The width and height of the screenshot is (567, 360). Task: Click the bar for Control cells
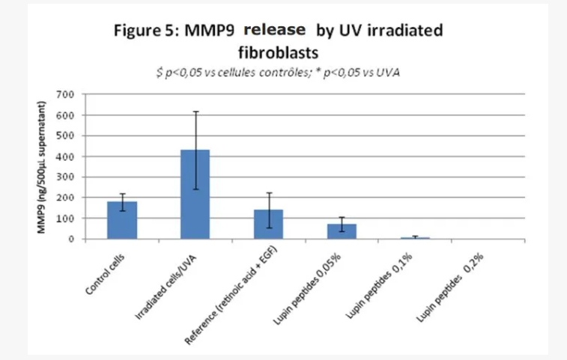pyautogui.click(x=122, y=220)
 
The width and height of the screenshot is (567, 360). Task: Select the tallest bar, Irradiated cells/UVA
pyautogui.click(x=195, y=195)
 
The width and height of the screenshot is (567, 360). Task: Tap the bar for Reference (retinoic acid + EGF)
pyautogui.click(x=268, y=225)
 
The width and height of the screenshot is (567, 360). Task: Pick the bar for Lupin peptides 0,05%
pyautogui.click(x=342, y=231)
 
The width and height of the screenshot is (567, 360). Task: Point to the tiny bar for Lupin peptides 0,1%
pyautogui.click(x=414, y=238)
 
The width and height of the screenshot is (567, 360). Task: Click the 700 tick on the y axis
pyautogui.click(x=70, y=95)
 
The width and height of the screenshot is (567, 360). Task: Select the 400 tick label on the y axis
pyautogui.click(x=70, y=156)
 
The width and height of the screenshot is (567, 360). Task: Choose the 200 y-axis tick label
pyautogui.click(x=70, y=198)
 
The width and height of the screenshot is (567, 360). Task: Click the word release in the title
pyautogui.click(x=274, y=31)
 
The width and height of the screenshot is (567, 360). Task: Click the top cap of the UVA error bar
pyautogui.click(x=195, y=112)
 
